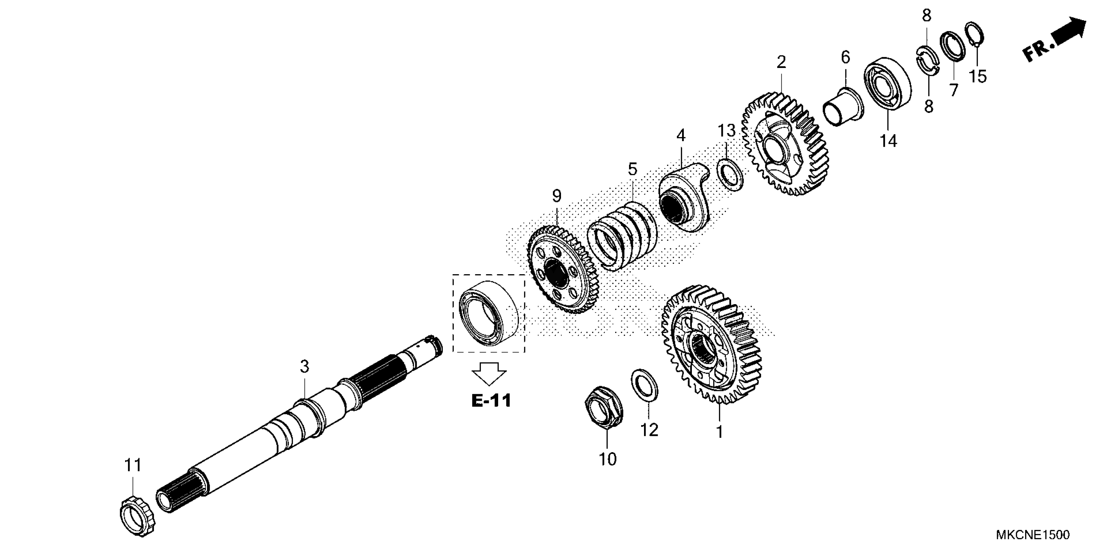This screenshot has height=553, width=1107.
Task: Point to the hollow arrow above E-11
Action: [x=489, y=373]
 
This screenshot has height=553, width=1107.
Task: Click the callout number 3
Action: [x=304, y=366]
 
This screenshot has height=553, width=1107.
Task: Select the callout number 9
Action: [x=556, y=196]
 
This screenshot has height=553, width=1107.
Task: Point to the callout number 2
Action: [x=781, y=62]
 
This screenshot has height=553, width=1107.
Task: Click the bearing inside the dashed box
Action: [x=489, y=312]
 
